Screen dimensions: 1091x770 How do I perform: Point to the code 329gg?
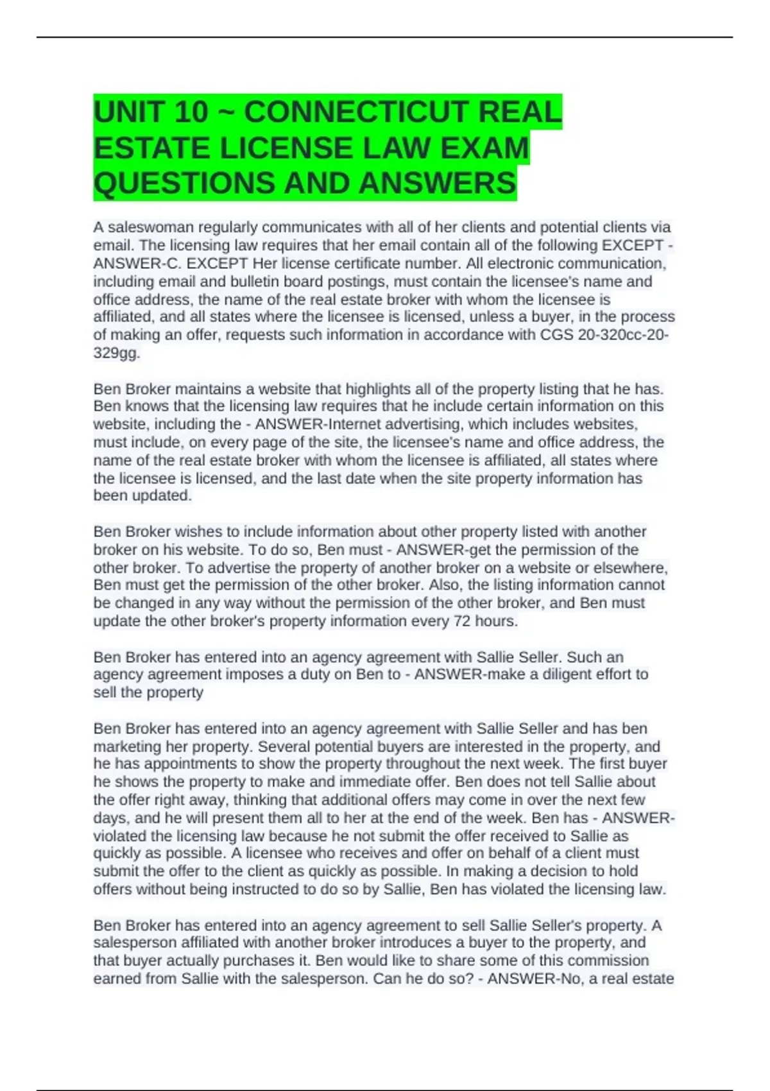[116, 353]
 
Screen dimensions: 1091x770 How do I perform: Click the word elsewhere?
[631, 568]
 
